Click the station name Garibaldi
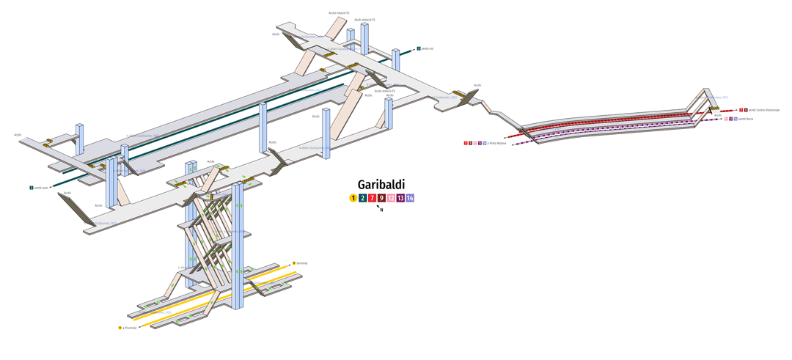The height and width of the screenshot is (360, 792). [x=381, y=185]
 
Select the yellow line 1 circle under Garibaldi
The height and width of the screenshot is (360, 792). [x=353, y=198]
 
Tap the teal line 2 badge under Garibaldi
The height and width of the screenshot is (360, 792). [x=362, y=198]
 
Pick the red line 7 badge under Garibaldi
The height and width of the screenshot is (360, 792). [x=372, y=198]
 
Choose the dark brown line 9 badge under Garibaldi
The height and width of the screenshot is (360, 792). [x=381, y=198]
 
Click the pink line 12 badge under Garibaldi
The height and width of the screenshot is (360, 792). [x=391, y=198]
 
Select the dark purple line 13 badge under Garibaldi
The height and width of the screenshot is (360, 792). [x=400, y=198]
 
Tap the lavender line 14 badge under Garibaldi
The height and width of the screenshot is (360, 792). [x=410, y=198]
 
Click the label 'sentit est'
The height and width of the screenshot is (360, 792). [x=428, y=48]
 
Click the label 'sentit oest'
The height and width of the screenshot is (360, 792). [x=41, y=188]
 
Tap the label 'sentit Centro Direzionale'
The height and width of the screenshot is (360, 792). [x=764, y=110]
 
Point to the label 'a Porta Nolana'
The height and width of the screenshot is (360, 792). [x=497, y=143]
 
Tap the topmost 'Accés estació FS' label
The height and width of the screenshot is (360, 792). [x=339, y=12]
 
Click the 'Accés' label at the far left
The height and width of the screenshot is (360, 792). [x=18, y=135]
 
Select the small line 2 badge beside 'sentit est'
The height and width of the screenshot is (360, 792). [x=419, y=48]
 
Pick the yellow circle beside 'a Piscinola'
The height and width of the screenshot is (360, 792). [x=120, y=328]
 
